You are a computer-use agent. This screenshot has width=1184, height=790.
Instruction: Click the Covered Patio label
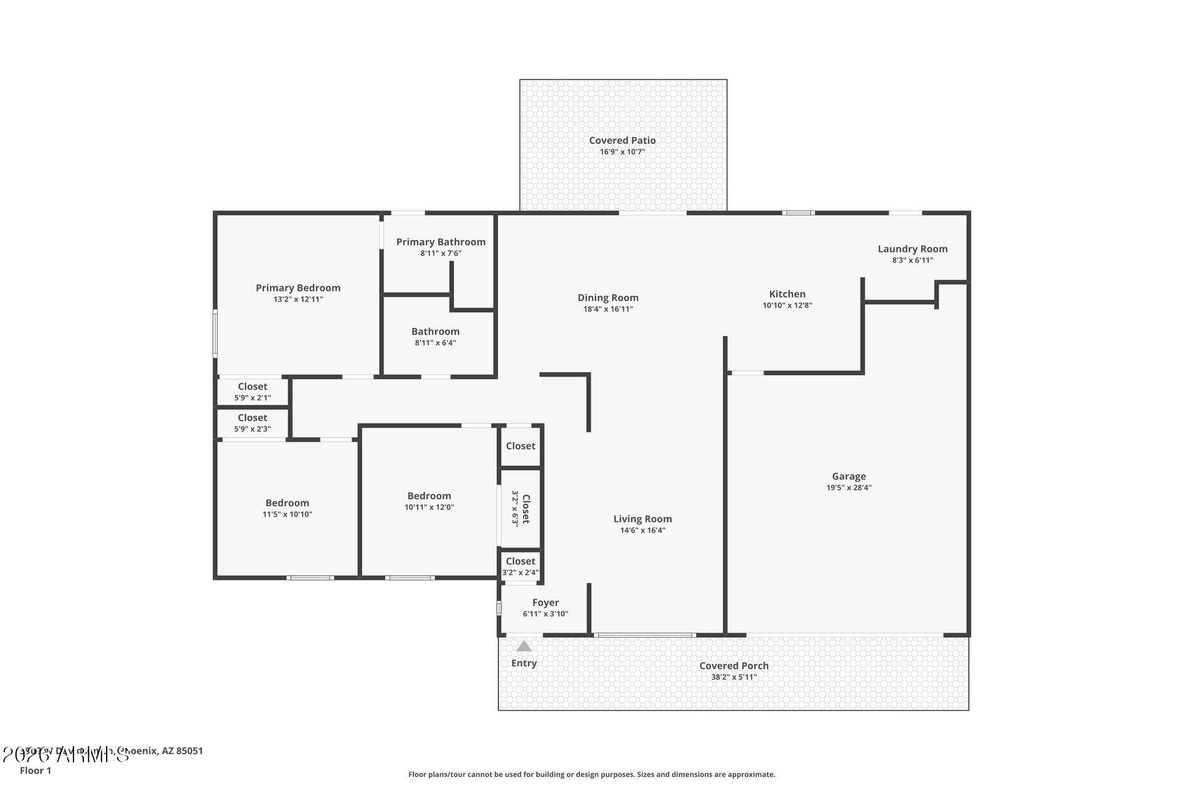click(622, 141)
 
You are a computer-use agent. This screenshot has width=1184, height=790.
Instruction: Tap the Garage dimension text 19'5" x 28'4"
click(849, 488)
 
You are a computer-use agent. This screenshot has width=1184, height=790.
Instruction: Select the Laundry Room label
click(912, 249)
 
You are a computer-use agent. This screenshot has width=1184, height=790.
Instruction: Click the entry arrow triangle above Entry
click(524, 646)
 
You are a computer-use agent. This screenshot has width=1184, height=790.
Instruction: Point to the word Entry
click(524, 663)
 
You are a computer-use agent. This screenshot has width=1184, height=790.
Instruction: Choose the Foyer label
click(545, 602)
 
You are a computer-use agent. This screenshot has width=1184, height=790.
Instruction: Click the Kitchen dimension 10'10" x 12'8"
click(787, 306)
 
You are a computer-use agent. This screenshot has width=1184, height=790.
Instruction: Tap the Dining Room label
click(607, 297)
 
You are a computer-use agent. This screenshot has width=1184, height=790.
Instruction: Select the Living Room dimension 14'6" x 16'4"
click(643, 530)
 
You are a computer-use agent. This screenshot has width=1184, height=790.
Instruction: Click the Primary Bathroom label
click(440, 242)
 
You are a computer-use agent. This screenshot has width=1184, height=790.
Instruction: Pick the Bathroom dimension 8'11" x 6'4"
click(435, 343)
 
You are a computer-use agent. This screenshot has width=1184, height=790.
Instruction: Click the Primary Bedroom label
click(298, 288)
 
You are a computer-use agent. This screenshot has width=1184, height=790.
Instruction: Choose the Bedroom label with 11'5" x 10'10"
click(287, 503)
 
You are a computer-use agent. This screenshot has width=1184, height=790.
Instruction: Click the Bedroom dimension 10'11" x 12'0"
click(429, 507)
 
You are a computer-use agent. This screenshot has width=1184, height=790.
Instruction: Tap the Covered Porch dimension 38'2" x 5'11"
click(734, 677)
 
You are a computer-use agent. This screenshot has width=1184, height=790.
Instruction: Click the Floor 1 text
click(35, 771)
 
